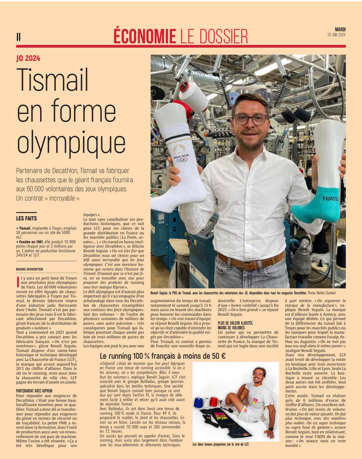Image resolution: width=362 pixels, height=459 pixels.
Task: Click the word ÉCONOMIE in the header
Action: tap(145, 36)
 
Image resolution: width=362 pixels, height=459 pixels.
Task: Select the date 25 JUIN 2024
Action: tap(337, 35)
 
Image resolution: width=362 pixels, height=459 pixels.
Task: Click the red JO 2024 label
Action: tap(28, 58)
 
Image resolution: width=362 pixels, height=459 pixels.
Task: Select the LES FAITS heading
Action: tap(26, 218)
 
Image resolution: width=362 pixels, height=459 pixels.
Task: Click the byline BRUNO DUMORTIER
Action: tap(30, 269)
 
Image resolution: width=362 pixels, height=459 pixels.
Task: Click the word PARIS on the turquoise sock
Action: tap(330, 199)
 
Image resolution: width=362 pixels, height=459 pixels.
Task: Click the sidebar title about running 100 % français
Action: tap(163, 356)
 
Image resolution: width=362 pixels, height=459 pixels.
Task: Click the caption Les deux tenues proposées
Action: tap(221, 444)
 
